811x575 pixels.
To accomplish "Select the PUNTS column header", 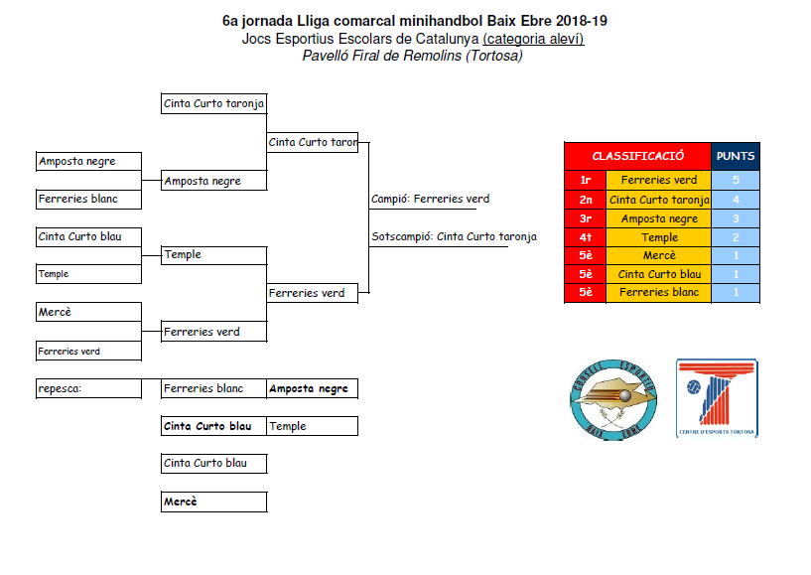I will point(736,156).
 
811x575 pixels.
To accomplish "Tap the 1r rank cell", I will point(585,181).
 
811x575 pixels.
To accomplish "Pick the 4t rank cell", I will point(585,237).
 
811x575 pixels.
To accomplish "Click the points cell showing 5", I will point(736,181).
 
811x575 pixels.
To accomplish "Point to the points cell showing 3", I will point(736,218).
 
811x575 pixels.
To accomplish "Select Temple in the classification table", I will point(659,237).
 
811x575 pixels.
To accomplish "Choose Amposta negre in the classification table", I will point(659,218).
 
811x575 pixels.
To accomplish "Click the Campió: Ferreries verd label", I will point(430,199).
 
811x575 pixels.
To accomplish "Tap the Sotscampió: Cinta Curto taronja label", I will point(454,236).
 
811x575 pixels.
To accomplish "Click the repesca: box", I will point(88,388).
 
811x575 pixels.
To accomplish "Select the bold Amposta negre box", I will point(311,388).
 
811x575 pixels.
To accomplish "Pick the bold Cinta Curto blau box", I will point(212,426).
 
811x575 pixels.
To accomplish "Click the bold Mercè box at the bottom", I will point(212,502).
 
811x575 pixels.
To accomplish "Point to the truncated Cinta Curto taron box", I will point(312,142).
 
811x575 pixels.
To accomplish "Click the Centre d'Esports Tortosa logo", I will point(717,398).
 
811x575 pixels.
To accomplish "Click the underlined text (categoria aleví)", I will point(533,39).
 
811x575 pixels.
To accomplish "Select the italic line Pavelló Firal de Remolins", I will point(412,56).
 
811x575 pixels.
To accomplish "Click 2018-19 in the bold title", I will point(573,20).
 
